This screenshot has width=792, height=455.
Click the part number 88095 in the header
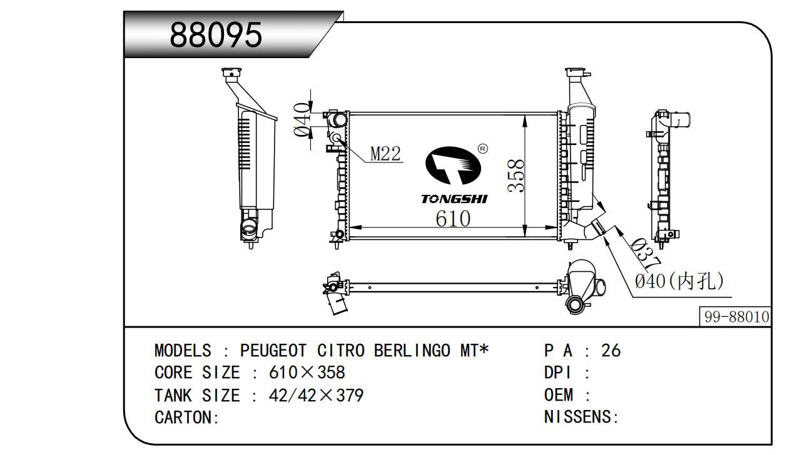point(216,36)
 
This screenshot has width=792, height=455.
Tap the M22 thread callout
point(385,153)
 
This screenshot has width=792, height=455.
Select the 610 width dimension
point(453,218)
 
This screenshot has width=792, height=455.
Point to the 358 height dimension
point(515,176)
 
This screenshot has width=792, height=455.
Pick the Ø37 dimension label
point(642,254)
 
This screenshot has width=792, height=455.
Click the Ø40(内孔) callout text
point(679,281)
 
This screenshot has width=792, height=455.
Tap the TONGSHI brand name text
point(454,199)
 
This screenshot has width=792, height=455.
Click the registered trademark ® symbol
point(482,149)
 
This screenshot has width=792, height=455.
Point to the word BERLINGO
point(412,351)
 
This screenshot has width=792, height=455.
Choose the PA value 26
point(611,351)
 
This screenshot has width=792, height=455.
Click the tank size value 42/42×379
point(316,396)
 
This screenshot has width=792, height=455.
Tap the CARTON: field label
point(186,418)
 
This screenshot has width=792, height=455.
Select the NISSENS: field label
point(581,417)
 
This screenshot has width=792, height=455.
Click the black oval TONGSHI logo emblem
point(454,166)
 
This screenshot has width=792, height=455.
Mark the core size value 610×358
point(307,373)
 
